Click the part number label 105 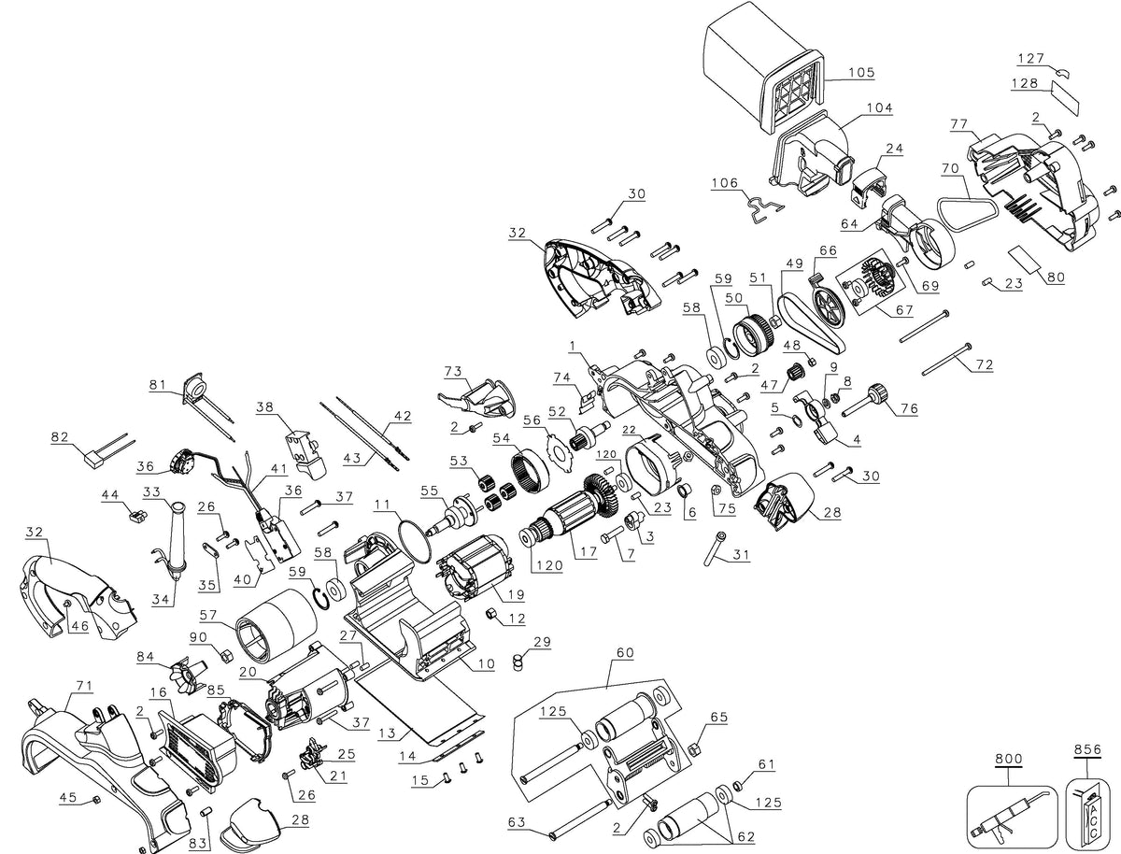[861, 73]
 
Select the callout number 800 [1009, 760]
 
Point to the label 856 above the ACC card [1087, 749]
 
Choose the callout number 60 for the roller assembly [625, 653]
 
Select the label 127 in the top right [1030, 58]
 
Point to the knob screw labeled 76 [861, 404]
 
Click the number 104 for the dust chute [879, 108]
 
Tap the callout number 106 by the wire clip [725, 182]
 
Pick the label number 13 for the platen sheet [388, 733]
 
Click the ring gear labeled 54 [530, 471]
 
